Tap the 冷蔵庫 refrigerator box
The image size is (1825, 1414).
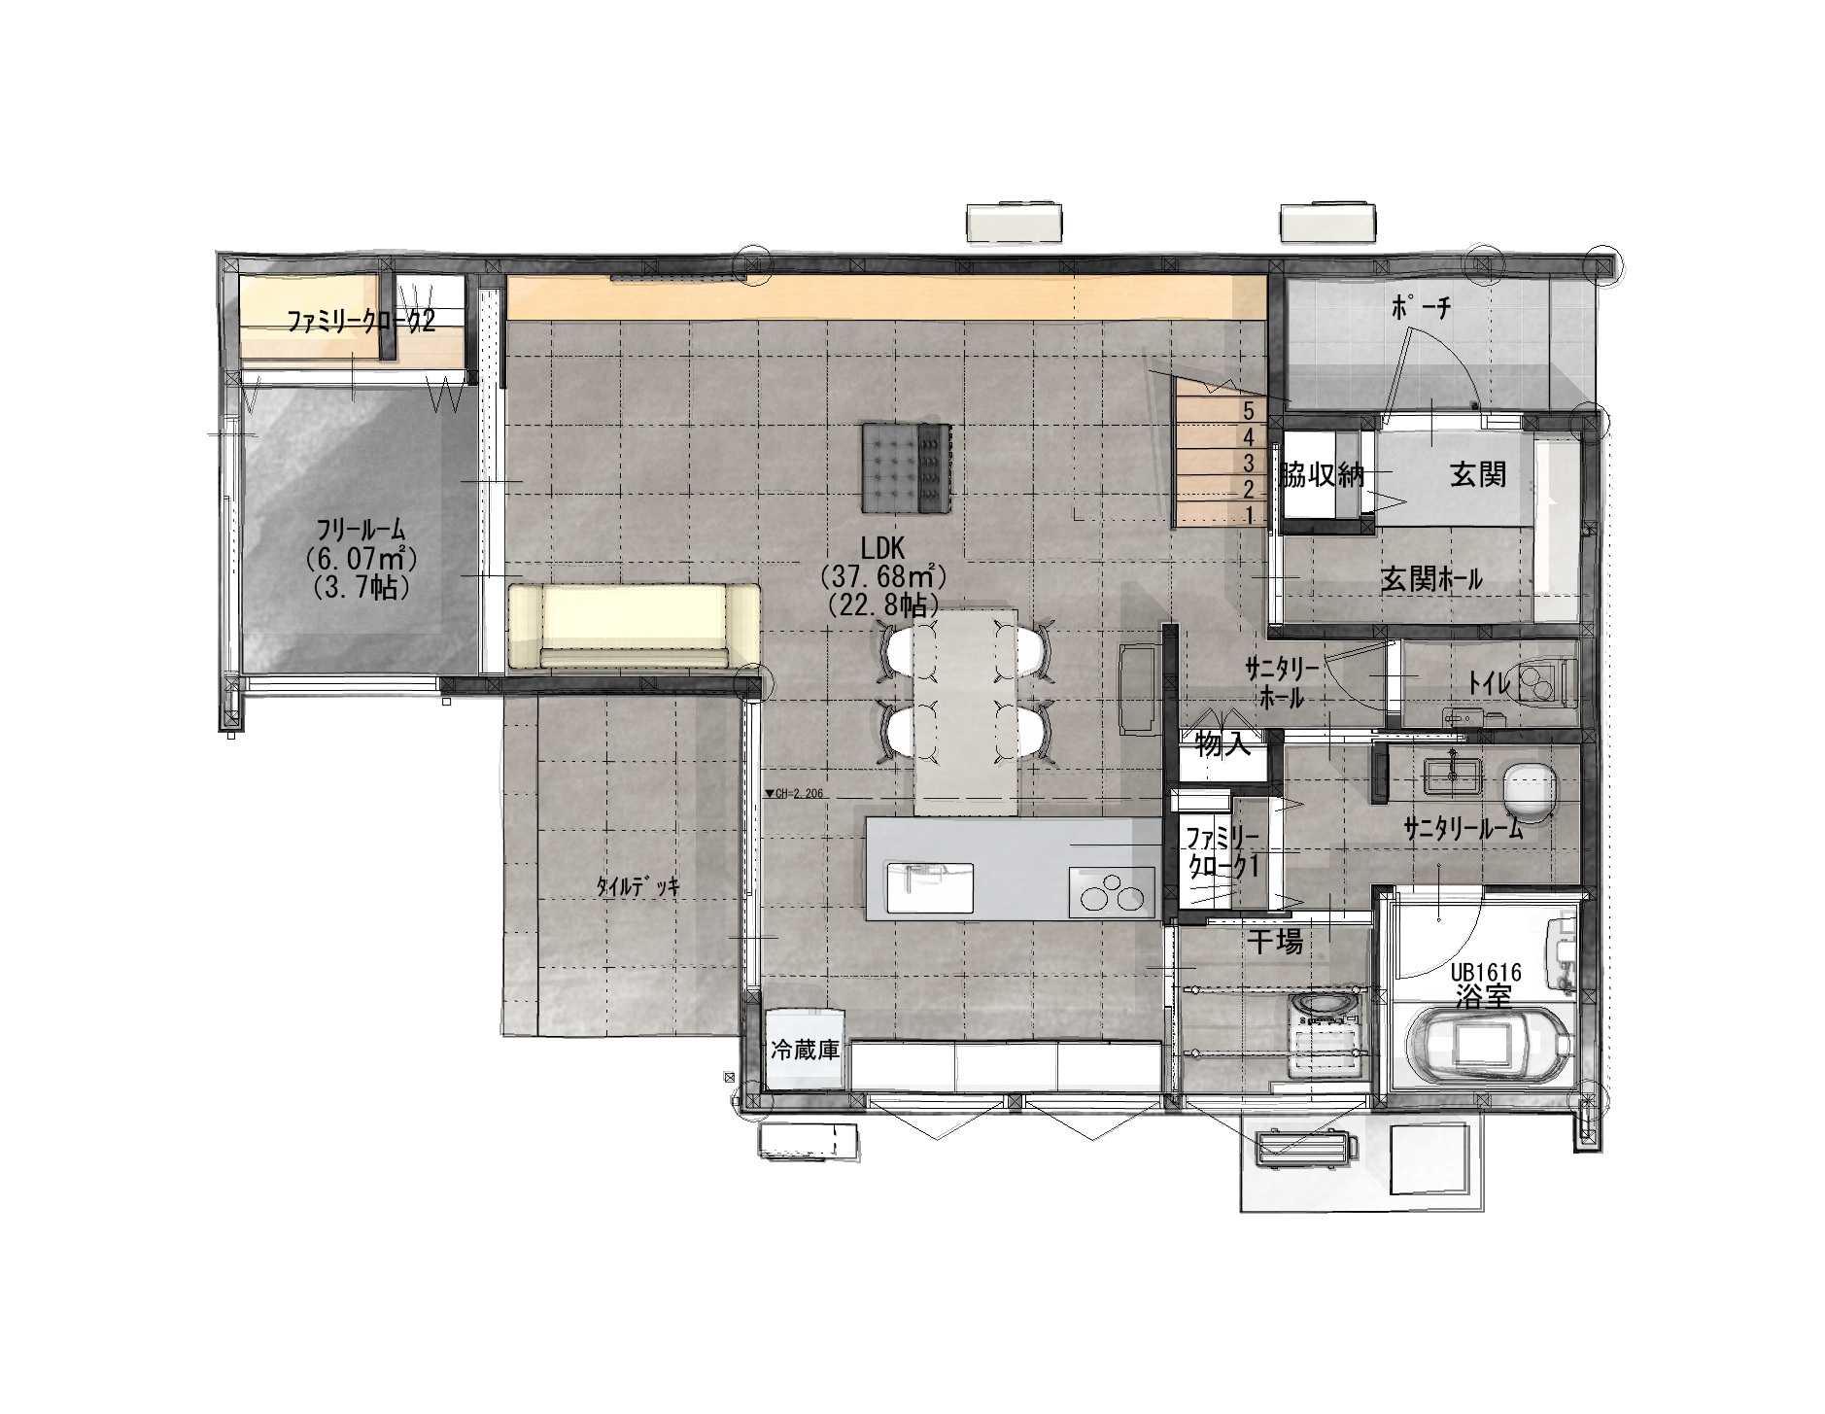(805, 1051)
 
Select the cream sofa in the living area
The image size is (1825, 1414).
(634, 625)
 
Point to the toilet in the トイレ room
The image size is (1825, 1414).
(1544, 680)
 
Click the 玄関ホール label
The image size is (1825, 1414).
(1431, 580)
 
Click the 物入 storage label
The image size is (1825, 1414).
(1222, 745)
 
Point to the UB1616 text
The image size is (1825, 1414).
(1486, 972)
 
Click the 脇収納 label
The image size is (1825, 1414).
(1322, 475)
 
